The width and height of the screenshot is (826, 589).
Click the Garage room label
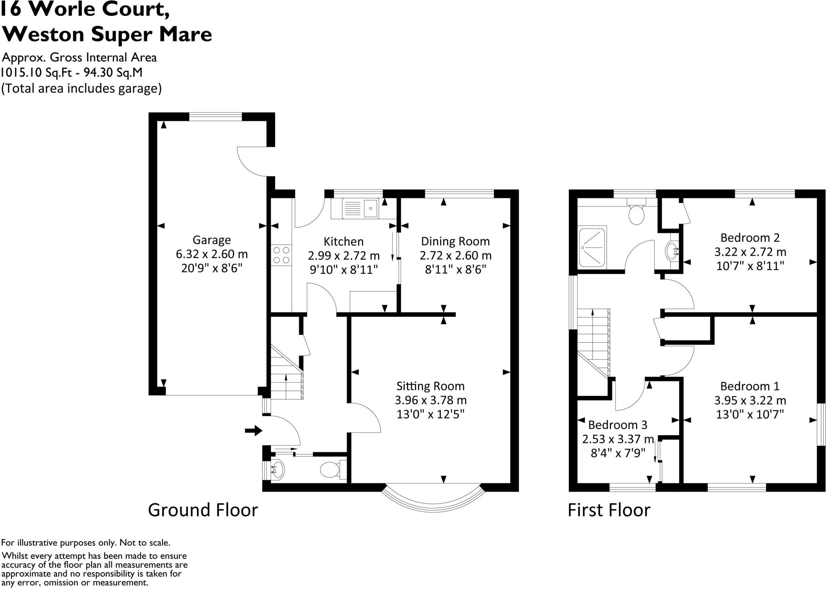click(x=211, y=240)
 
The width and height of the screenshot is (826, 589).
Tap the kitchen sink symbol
click(x=360, y=208)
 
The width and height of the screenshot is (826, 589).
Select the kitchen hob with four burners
click(x=282, y=255)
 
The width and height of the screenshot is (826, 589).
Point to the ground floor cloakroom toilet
click(x=330, y=470)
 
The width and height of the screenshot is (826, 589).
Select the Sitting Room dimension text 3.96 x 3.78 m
click(x=430, y=400)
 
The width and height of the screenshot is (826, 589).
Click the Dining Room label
click(x=455, y=241)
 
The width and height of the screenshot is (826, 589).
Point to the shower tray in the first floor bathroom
click(x=592, y=248)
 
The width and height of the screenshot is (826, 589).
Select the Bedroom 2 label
click(x=750, y=237)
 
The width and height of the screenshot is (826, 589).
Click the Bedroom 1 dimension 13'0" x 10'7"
click(x=750, y=414)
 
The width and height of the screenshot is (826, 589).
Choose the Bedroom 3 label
click(x=617, y=425)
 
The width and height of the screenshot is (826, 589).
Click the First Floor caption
click(x=609, y=510)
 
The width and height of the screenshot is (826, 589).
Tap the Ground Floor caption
click(x=203, y=510)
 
